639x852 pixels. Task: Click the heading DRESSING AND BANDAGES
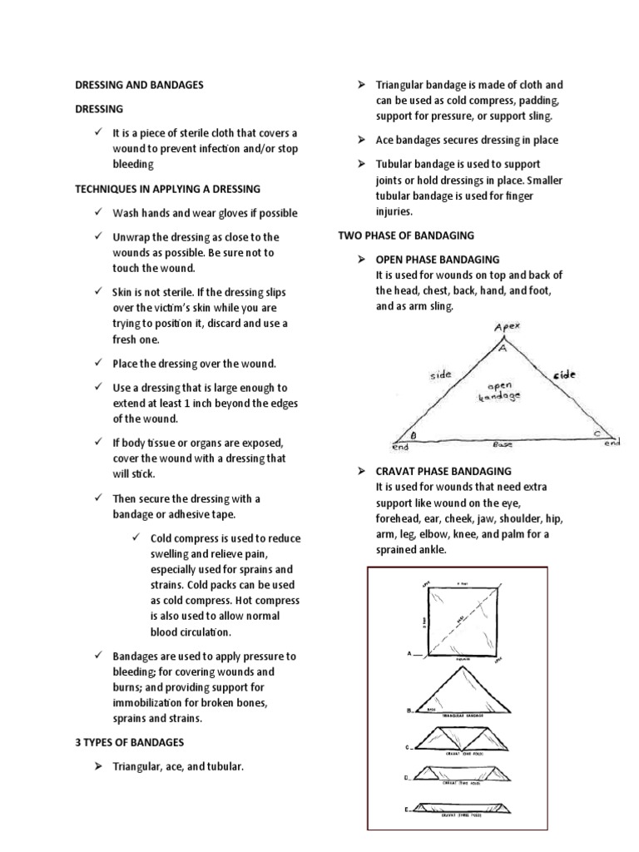(x=139, y=85)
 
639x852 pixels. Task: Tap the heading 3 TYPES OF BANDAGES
(x=129, y=741)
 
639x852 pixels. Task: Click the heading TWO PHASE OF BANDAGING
(x=405, y=235)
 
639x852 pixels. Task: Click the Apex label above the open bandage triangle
(x=506, y=327)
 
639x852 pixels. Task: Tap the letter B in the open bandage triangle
(x=414, y=434)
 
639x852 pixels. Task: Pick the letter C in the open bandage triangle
(x=597, y=433)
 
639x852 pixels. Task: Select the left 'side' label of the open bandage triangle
(x=441, y=374)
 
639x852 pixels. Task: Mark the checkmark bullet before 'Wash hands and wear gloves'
(x=98, y=213)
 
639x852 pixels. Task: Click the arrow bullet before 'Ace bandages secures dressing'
(x=362, y=140)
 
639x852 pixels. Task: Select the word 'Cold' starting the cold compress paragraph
(x=163, y=537)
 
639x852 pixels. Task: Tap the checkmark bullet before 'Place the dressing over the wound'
(x=98, y=364)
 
